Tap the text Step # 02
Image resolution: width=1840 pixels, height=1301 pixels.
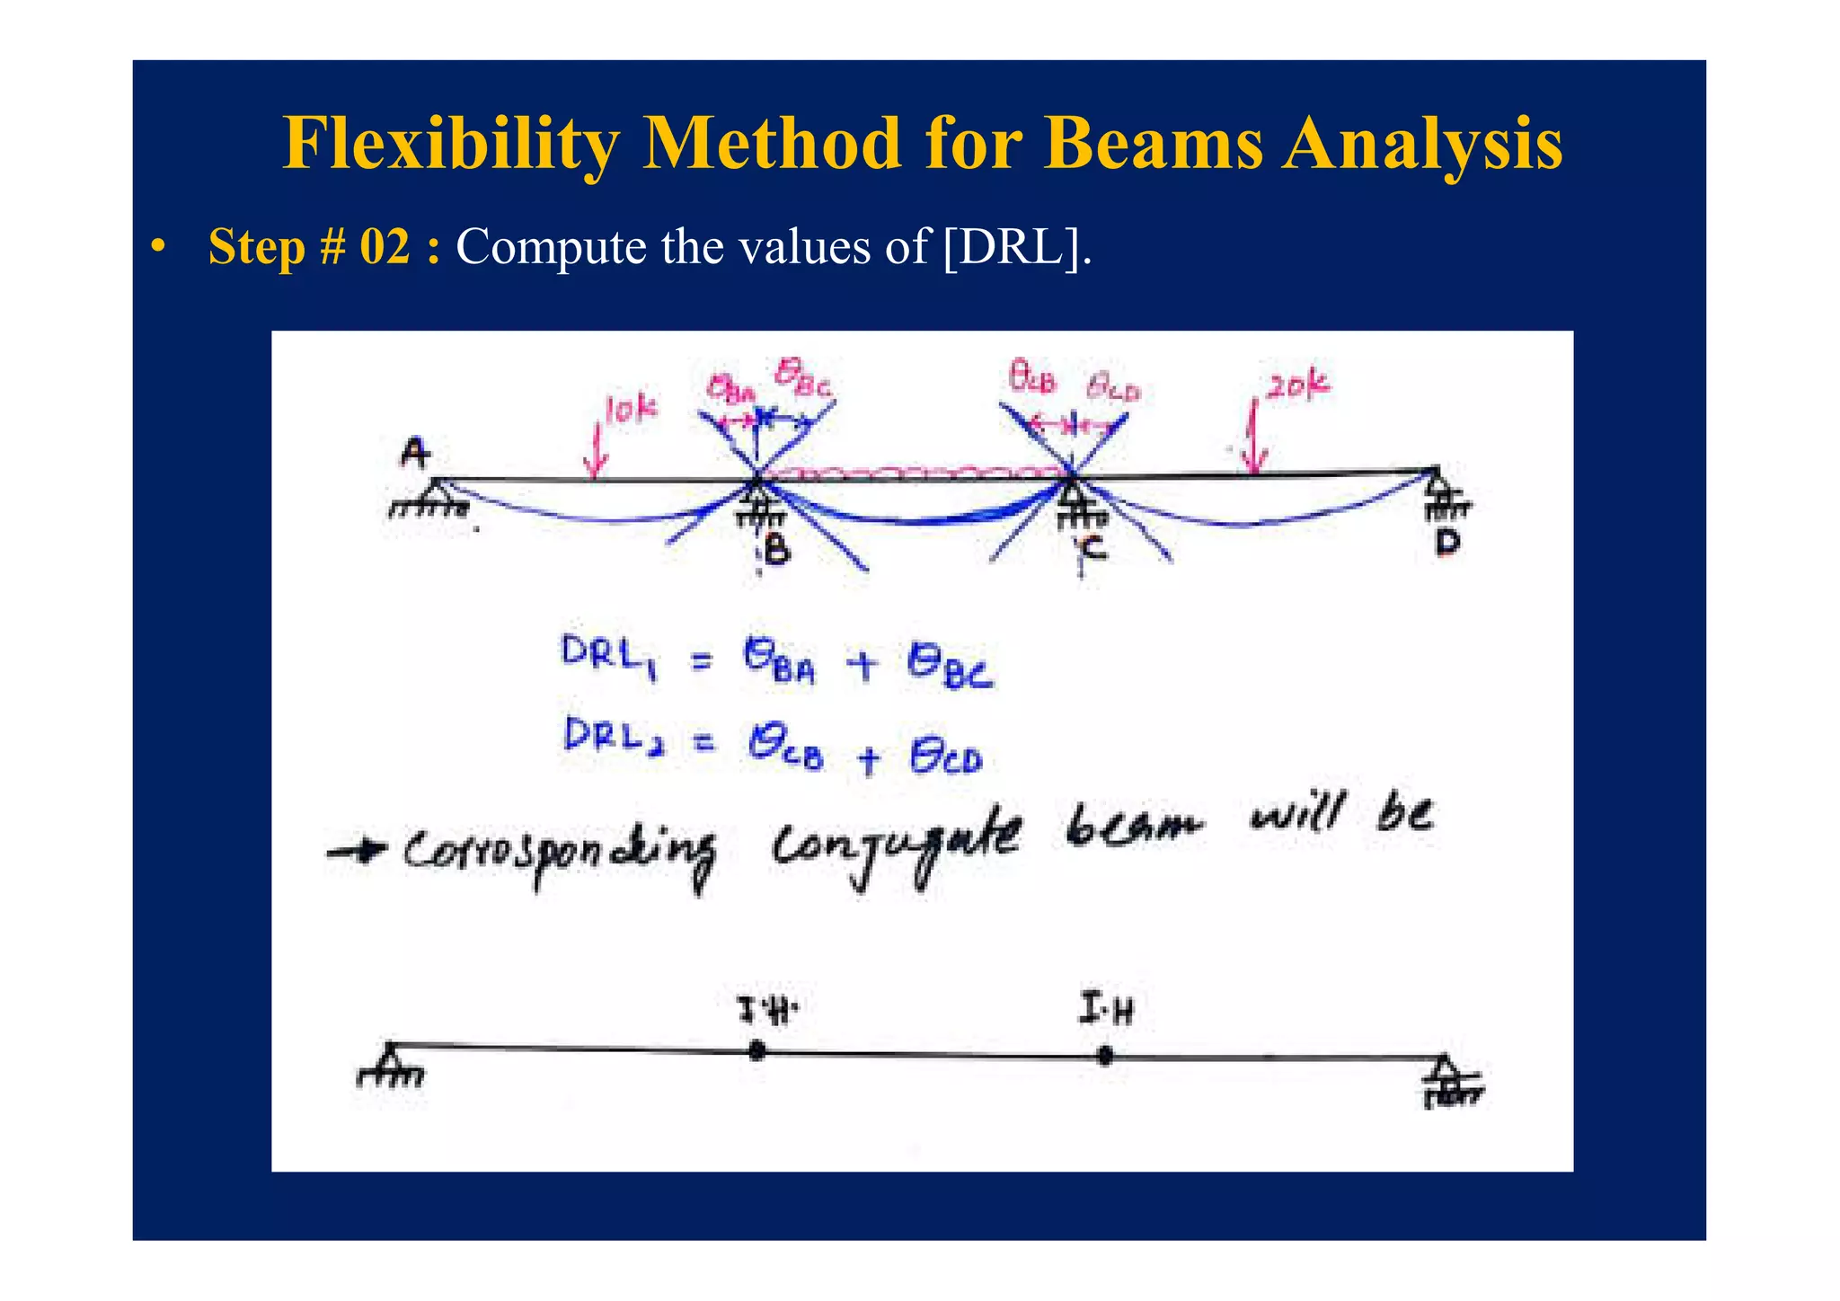310,246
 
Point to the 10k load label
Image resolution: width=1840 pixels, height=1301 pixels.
631,410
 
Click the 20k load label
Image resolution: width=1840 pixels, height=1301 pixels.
1297,385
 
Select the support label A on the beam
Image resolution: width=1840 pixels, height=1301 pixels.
414,453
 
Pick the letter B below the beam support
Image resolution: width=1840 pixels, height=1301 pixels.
776,548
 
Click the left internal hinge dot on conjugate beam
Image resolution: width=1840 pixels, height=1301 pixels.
756,1050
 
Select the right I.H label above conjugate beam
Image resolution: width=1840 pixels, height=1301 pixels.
1106,1010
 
